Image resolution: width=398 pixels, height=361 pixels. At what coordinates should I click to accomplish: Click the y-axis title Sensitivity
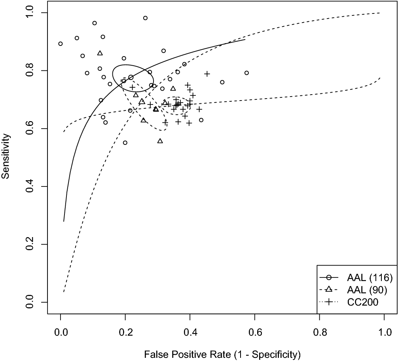(x=6, y=157)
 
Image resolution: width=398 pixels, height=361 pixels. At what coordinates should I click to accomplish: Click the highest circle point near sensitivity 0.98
(x=145, y=18)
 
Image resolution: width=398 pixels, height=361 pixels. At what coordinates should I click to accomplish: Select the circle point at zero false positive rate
(x=60, y=44)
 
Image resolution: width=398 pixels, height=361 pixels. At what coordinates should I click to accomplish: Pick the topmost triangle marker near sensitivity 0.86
(x=100, y=53)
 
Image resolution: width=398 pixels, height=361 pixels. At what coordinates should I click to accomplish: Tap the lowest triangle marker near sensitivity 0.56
(x=160, y=141)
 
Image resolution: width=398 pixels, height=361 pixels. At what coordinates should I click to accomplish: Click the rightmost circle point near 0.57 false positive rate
(x=246, y=73)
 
